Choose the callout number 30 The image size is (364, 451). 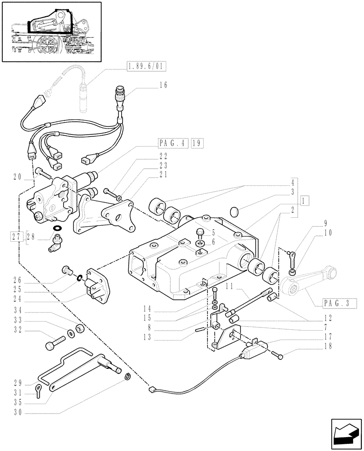tap(17, 412)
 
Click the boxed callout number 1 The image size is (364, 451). tap(305, 200)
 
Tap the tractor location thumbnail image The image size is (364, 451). tap(51, 32)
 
